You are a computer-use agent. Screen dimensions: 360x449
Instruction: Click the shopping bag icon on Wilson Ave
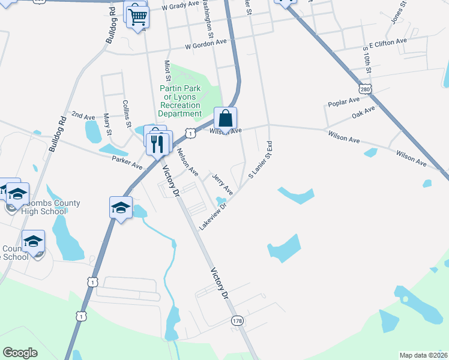coord(225,118)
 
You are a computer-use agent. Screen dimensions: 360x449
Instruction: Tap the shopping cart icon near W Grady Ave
coord(138,16)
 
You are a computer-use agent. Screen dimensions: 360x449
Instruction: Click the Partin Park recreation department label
coord(180,101)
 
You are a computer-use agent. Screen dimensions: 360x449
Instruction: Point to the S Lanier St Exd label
coord(261,163)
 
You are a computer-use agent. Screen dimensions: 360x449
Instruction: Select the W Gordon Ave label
coord(208,44)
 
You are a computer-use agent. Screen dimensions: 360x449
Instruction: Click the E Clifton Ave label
coord(388,43)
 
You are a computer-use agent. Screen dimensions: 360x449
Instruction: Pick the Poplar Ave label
coord(344,101)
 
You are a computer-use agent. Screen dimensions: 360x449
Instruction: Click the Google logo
coord(20,353)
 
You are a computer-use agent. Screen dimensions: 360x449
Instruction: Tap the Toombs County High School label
coord(42,207)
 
